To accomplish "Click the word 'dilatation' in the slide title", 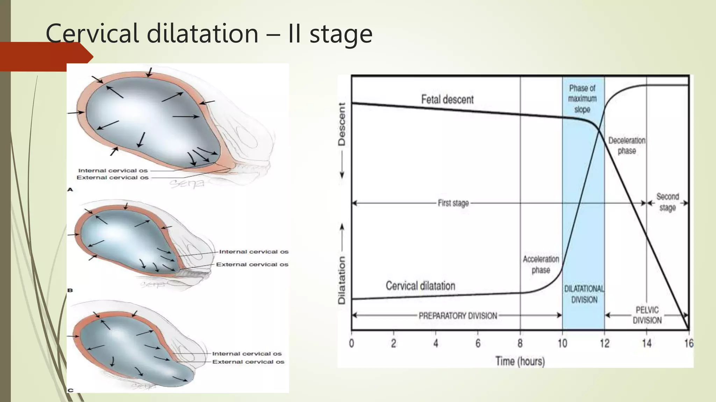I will click(202, 34).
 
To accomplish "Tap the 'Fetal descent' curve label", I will click(447, 100).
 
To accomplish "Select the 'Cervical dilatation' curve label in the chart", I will click(420, 286).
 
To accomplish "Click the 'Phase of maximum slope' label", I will click(582, 99).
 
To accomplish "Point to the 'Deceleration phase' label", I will click(626, 146).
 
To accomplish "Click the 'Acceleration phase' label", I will click(541, 265).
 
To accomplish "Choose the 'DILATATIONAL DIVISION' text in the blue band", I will click(584, 294).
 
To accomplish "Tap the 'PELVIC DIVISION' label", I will click(647, 315).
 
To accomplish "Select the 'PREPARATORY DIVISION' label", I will click(458, 316).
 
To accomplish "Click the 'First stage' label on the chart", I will click(453, 203).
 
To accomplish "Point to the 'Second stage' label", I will click(667, 202).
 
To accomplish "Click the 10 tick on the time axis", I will click(562, 344).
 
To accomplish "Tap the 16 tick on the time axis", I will click(688, 344).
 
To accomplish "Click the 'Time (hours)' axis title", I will click(520, 361).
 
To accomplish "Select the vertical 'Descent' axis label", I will click(342, 124).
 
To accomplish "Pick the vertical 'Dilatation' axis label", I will click(342, 280).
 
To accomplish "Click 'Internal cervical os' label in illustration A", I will click(113, 171).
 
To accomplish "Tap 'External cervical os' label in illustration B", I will click(252, 265).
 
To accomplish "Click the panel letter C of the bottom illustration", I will click(71, 390).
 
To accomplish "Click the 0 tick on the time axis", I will click(351, 344).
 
